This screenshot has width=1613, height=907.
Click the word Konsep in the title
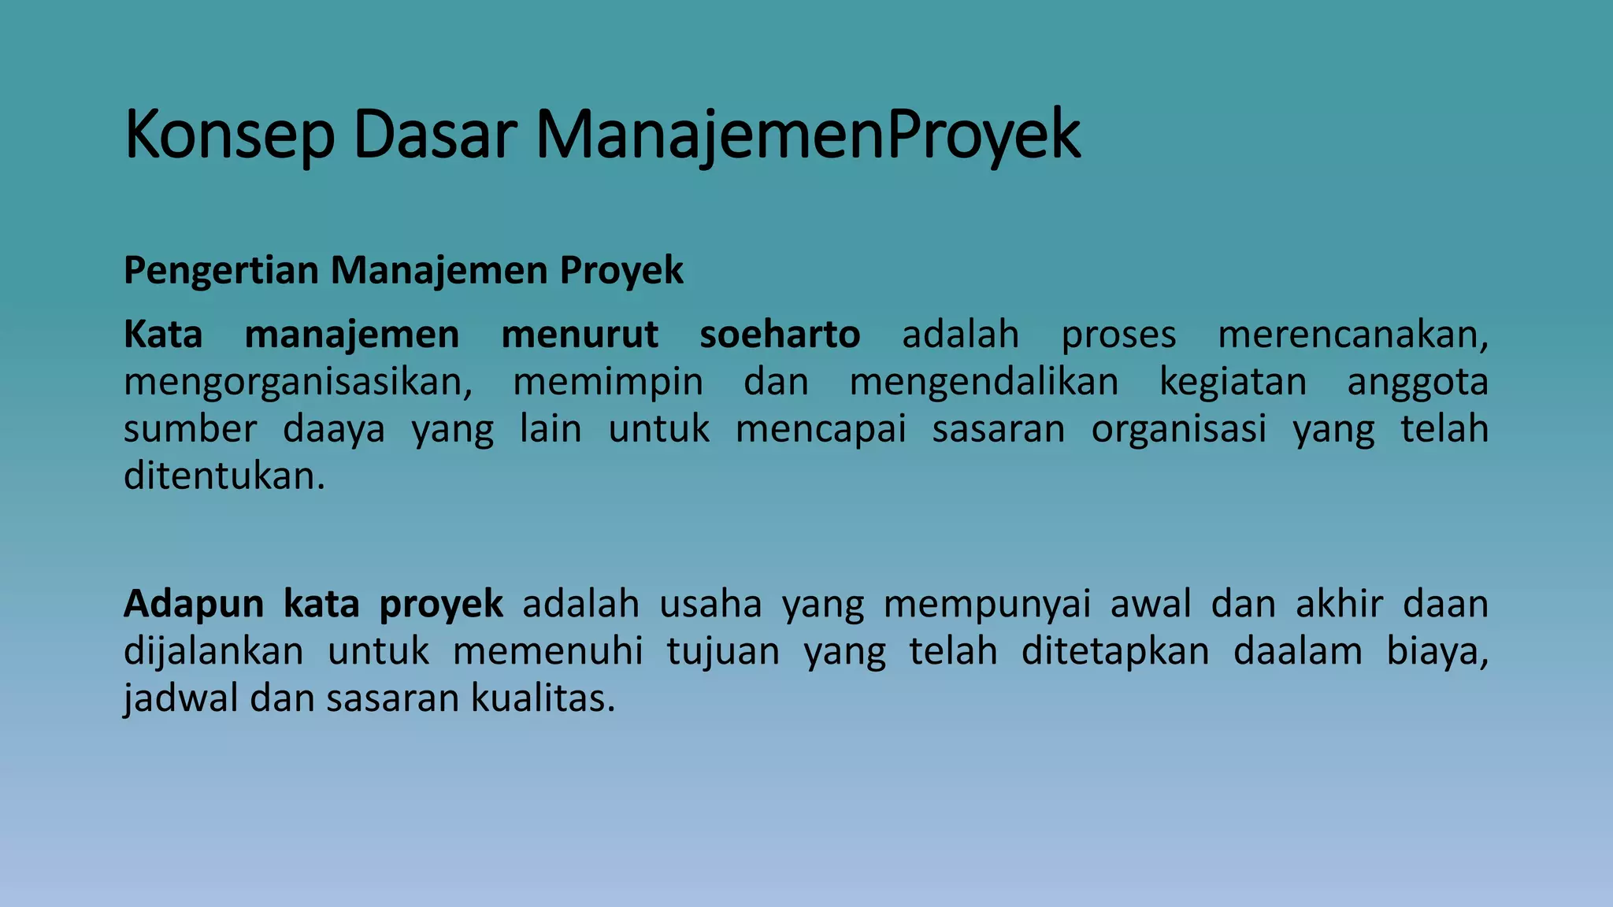tap(229, 135)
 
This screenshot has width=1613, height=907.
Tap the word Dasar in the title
tap(435, 135)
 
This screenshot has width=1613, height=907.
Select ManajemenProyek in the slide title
tap(807, 135)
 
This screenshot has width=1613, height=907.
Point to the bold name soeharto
tap(780, 335)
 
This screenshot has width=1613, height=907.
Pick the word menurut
tap(579, 335)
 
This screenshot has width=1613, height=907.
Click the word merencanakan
tap(1352, 335)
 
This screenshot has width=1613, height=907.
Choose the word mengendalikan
tap(984, 382)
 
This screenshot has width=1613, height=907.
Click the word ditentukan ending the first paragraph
tap(224, 476)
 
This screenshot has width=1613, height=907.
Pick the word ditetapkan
tap(1114, 652)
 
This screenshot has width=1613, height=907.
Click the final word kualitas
tap(542, 699)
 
